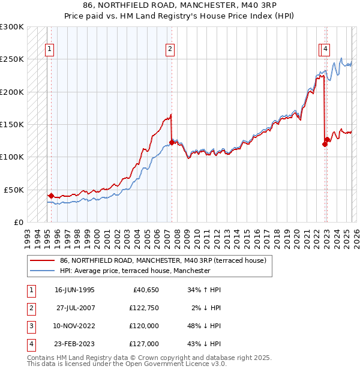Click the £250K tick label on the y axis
(12, 59)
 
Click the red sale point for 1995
(51, 196)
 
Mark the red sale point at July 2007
(172, 142)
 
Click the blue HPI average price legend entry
(134, 271)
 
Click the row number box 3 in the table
(29, 326)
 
